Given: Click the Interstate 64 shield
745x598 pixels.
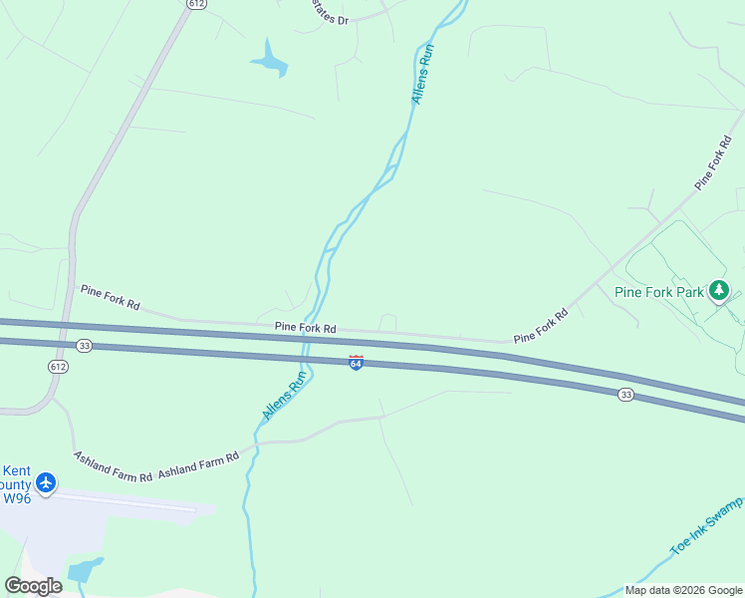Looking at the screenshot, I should click(x=356, y=363).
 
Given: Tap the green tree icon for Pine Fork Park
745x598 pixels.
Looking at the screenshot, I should click(x=719, y=291).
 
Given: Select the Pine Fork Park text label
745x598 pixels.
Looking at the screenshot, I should click(x=658, y=292).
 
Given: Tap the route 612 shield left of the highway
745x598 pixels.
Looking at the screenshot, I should click(x=58, y=367).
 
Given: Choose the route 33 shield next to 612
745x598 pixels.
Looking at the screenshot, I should click(x=85, y=346).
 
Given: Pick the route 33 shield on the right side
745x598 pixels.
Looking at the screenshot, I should click(x=624, y=395).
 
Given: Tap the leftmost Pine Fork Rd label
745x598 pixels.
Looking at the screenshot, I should click(x=110, y=295).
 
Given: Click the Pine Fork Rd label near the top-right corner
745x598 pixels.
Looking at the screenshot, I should click(x=713, y=160).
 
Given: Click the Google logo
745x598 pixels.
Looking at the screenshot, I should click(x=34, y=586).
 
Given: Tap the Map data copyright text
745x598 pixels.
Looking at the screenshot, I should click(x=682, y=590).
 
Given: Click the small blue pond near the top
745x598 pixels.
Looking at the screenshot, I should click(x=269, y=60).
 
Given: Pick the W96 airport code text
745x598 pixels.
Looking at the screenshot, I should click(x=16, y=497).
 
